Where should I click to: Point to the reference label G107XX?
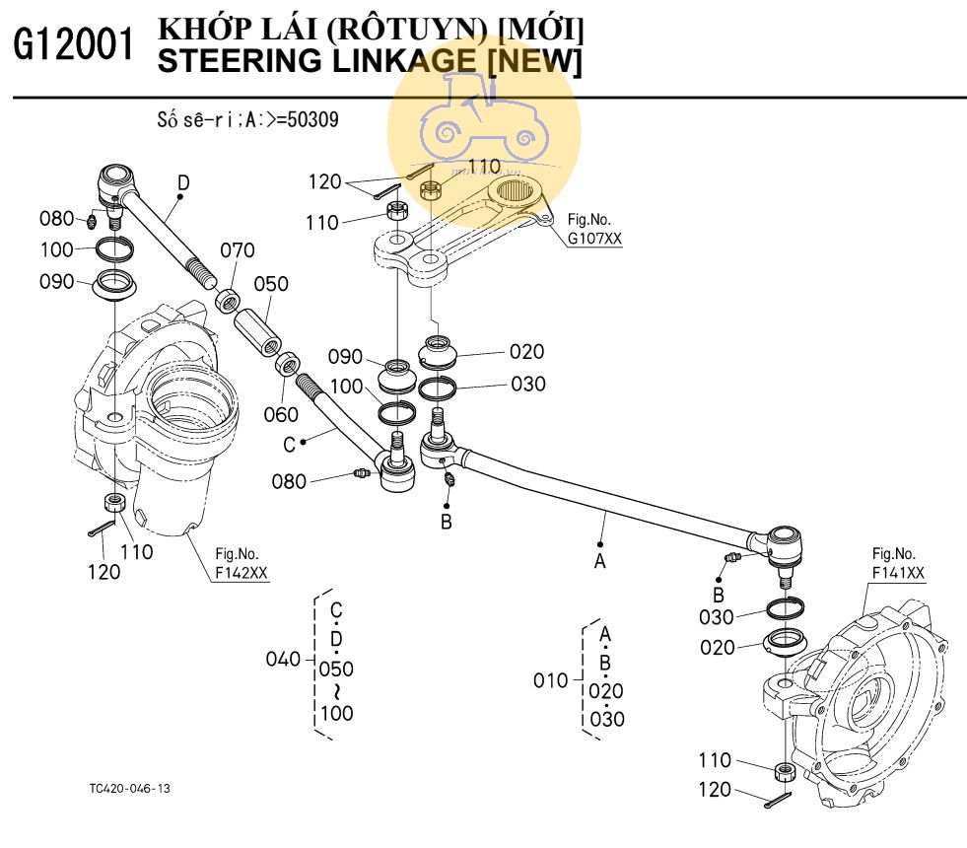(x=594, y=239)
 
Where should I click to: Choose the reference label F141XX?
(x=897, y=572)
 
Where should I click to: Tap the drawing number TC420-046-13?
(x=128, y=789)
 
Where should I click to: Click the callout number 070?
(x=237, y=250)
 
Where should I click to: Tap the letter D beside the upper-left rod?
(x=183, y=181)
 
